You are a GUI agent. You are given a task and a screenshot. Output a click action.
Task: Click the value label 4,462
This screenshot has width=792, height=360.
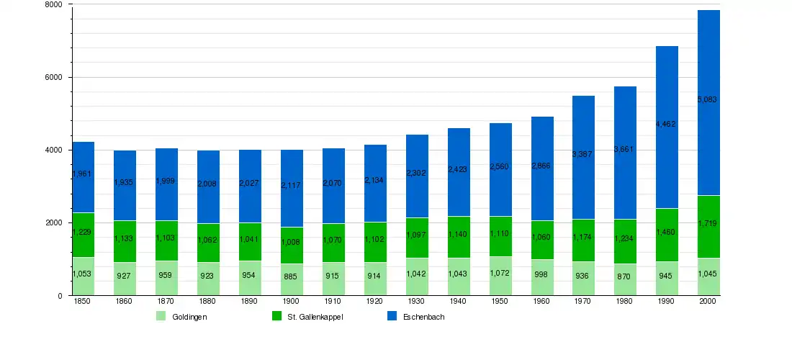pos(667,125)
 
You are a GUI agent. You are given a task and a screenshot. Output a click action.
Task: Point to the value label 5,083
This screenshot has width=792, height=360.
pos(708,99)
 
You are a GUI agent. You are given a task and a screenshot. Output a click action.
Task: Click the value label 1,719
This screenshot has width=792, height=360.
pos(708,224)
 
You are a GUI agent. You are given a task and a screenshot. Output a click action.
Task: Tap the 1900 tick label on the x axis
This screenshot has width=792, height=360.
pos(292,302)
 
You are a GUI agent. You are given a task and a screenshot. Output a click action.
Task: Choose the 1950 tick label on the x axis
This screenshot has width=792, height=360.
pos(500,302)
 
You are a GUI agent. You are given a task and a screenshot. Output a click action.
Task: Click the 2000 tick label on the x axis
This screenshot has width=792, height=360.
pos(708,302)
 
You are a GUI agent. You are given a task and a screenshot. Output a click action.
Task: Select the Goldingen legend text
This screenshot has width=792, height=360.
pos(190,317)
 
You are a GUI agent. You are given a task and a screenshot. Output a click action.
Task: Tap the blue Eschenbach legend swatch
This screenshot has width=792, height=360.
pos(392,316)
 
